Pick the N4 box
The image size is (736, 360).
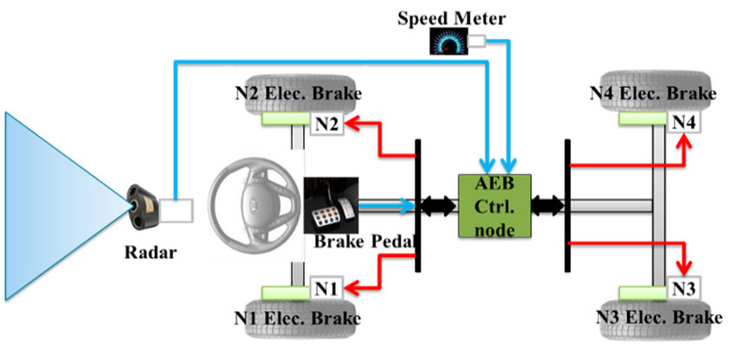click(x=685, y=122)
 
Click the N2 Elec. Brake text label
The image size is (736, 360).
click(x=296, y=93)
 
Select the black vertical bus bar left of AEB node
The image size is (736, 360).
click(x=418, y=206)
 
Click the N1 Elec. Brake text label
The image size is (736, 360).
click(x=296, y=318)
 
